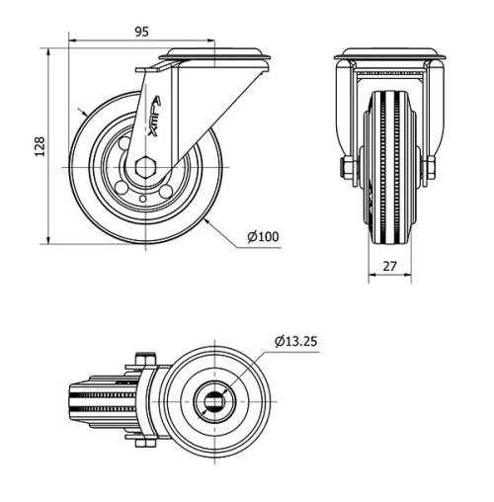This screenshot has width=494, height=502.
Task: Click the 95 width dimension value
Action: [140, 32]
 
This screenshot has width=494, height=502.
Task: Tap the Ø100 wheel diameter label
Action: [263, 236]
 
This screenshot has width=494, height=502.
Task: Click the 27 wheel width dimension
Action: [388, 265]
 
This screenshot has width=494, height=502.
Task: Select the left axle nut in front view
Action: [348, 169]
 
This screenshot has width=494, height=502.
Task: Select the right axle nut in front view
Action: [432, 169]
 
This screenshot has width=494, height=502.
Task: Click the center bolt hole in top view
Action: [215, 401]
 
